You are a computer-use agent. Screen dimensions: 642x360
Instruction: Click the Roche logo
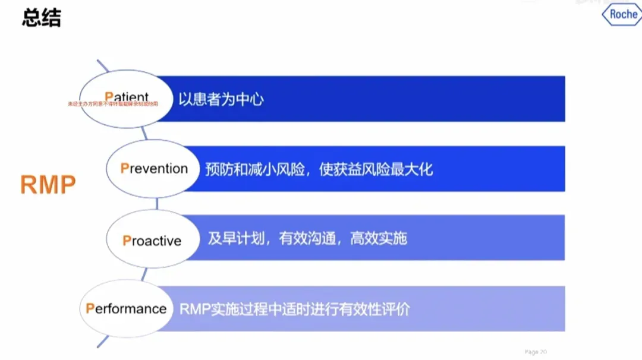tap(622, 14)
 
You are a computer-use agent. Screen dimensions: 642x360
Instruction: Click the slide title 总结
tap(42, 18)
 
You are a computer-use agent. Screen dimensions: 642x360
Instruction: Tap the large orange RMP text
tap(48, 185)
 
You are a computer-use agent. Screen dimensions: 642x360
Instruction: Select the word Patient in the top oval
tap(127, 97)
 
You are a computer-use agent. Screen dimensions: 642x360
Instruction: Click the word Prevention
tap(154, 169)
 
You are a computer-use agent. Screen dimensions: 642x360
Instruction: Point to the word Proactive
tap(152, 241)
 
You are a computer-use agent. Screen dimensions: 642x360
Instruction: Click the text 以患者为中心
tap(221, 99)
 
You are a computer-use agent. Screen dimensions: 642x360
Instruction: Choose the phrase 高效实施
tap(378, 239)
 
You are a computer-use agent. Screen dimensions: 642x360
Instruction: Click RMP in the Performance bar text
tap(193, 310)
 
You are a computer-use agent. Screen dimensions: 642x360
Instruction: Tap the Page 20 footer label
tap(536, 352)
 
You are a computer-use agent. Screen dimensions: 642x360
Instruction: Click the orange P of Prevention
tap(124, 169)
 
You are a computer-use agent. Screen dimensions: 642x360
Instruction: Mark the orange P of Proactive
tap(127, 241)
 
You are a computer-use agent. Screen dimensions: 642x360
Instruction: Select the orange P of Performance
tap(90, 309)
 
